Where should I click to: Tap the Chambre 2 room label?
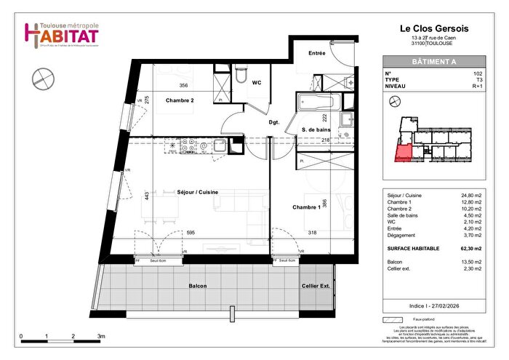tap(179, 100)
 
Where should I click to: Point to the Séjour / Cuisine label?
tap(198, 192)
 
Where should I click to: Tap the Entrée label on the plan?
tap(317, 53)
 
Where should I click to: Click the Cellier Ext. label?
tap(316, 287)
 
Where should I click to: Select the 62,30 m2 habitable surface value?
tap(474, 249)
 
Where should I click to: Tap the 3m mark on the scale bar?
tap(101, 337)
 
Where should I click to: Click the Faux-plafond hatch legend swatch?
tap(393, 320)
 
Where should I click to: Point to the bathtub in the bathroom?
tap(314, 100)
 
